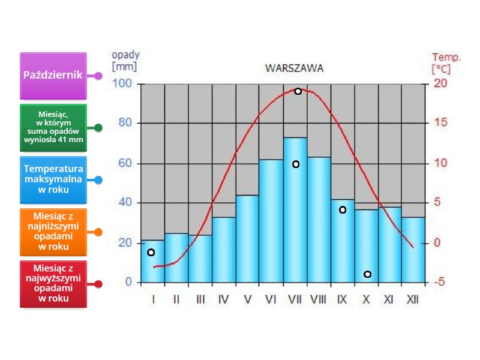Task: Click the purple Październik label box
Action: [53, 76]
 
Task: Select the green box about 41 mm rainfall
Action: [53, 127]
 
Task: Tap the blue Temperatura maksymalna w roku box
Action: [53, 179]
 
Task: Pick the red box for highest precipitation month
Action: [53, 284]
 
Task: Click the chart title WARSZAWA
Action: [294, 68]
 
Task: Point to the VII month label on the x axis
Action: [294, 299]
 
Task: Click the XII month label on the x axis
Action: [412, 299]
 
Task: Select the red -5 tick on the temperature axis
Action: [440, 283]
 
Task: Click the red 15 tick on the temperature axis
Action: [440, 124]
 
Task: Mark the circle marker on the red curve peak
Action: [298, 91]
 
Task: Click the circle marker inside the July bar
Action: [295, 164]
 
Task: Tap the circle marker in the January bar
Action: [151, 252]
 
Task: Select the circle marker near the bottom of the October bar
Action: [367, 274]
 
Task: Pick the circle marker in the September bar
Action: [343, 209]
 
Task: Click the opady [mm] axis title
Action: [125, 61]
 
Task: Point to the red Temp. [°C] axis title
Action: [446, 63]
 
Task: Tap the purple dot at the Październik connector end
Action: [98, 76]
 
